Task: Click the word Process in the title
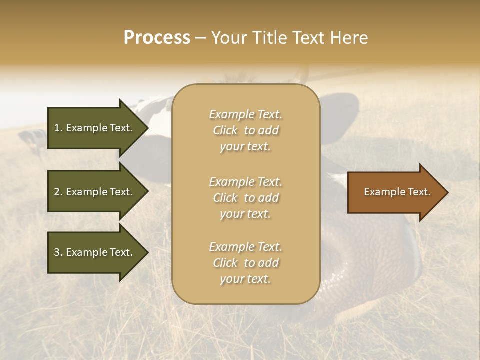click(x=157, y=38)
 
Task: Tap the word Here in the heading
click(x=348, y=38)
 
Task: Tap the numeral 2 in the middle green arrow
click(x=57, y=192)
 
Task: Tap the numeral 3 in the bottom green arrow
click(x=57, y=252)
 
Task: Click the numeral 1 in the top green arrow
click(x=57, y=128)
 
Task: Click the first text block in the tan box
click(x=245, y=130)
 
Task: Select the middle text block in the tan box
click(x=245, y=198)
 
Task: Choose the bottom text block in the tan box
click(x=245, y=263)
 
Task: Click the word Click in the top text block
click(x=225, y=131)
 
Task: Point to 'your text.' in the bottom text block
click(x=245, y=279)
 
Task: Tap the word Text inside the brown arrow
click(x=419, y=192)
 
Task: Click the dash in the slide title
click(x=200, y=38)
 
